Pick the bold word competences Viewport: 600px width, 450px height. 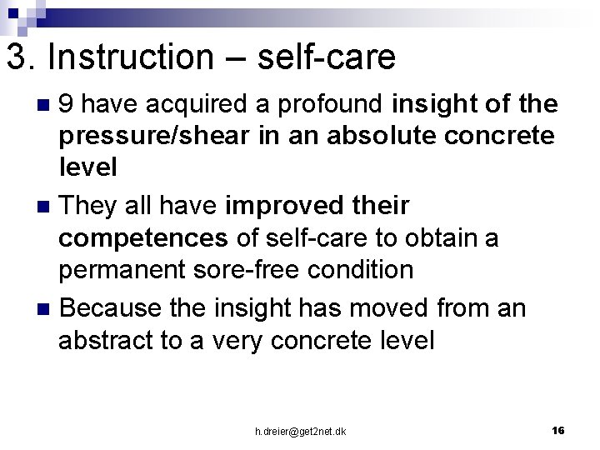[x=142, y=239]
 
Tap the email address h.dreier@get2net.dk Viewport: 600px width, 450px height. [x=301, y=431]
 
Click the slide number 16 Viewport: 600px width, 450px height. [x=558, y=430]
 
